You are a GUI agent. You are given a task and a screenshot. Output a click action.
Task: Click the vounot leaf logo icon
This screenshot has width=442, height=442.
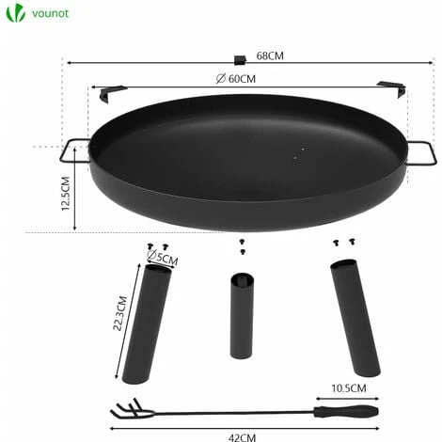pos(16,13)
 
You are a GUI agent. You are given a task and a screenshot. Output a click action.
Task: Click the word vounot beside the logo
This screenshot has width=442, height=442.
pos(50,13)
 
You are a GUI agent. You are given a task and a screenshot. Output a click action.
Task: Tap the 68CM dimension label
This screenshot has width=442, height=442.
pos(270,55)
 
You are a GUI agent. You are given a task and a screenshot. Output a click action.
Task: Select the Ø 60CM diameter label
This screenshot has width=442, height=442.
pos(236,78)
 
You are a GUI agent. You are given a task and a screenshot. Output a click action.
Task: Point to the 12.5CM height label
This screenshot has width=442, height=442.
pos(66,194)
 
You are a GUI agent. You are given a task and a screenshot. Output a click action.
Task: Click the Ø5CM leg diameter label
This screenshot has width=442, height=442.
pos(163,258)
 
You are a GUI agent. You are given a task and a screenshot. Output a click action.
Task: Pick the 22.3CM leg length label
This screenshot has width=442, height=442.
pos(119,313)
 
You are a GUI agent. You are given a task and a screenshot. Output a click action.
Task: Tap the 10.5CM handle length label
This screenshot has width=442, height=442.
pos(349,388)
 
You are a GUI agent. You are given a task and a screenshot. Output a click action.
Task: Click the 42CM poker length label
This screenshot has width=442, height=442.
pos(242,437)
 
